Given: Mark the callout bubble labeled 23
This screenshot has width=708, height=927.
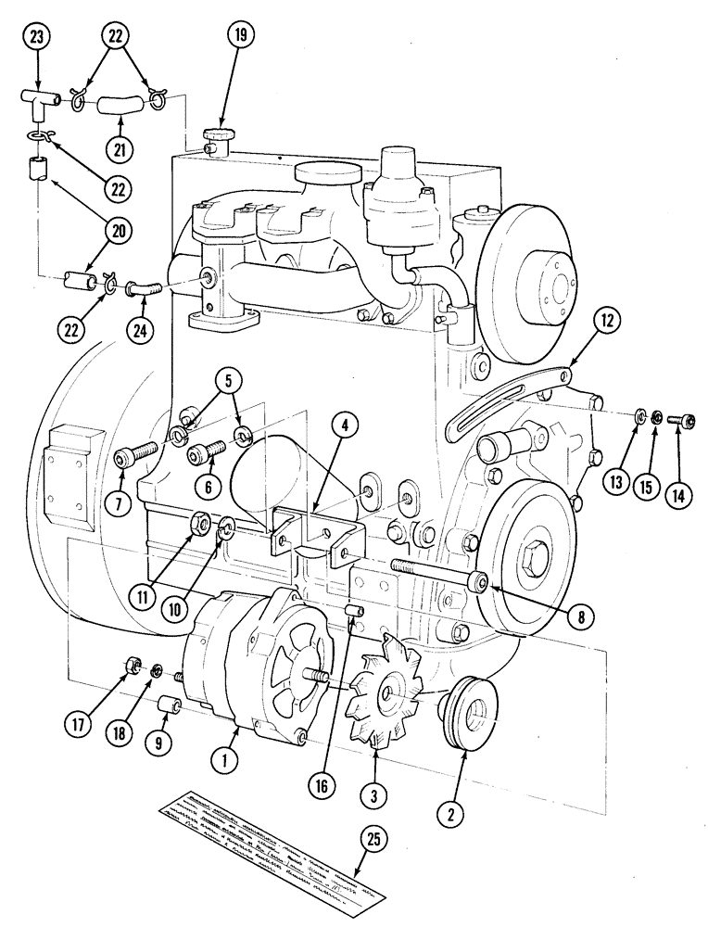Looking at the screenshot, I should point(38,36).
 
